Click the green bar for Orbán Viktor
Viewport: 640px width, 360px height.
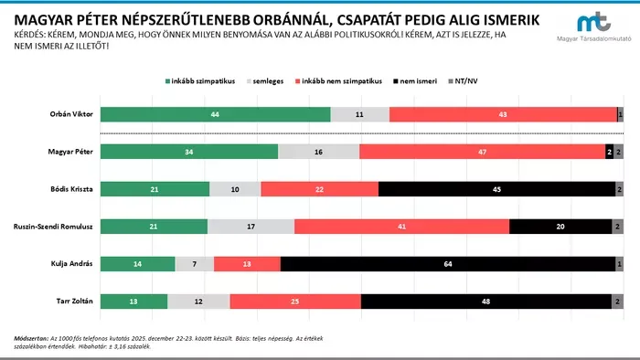pos(216,115)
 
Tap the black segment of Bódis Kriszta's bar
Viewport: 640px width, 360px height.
pos(496,189)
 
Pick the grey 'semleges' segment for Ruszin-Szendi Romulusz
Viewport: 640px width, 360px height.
pos(251,226)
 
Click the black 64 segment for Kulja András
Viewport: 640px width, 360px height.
pos(448,263)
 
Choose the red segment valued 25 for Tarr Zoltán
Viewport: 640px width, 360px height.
pos(295,301)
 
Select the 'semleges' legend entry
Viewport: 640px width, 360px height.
pos(272,80)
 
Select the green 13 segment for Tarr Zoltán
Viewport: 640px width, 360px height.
pos(134,301)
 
